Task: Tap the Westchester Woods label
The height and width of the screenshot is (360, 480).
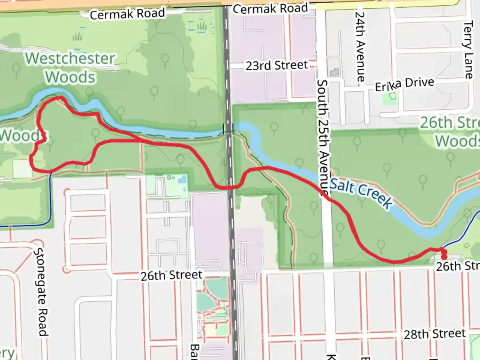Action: [x=70, y=68]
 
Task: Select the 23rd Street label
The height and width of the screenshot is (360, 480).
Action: [x=277, y=65]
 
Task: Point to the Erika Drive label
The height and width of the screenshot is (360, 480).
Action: [x=405, y=84]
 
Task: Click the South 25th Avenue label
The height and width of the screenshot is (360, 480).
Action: [x=323, y=137]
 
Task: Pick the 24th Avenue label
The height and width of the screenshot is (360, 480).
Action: [x=360, y=47]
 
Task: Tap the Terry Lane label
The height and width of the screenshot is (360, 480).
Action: [x=468, y=49]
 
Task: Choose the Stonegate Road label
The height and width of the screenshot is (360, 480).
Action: [x=42, y=292]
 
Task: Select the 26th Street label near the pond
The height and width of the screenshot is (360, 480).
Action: [x=171, y=275]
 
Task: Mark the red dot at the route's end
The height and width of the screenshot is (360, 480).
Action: [x=444, y=257]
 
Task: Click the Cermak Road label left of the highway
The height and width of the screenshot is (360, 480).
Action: [x=127, y=14]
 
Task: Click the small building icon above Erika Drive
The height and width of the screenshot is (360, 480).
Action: [x=334, y=71]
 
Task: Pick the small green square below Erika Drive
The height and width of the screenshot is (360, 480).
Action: [x=393, y=96]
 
